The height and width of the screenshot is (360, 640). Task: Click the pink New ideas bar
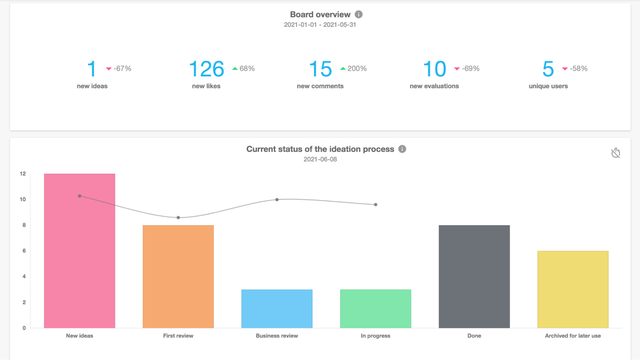(79, 250)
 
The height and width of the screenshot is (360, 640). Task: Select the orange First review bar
(178, 276)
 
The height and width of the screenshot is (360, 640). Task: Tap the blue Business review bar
(277, 308)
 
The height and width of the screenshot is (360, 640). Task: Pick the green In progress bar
(375, 308)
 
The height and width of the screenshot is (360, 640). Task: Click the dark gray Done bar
(474, 276)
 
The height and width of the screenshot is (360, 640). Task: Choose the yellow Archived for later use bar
(573, 289)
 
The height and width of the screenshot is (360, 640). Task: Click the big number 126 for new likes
(207, 68)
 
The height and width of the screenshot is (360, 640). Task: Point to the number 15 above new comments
(320, 68)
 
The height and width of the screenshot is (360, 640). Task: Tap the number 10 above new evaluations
(435, 68)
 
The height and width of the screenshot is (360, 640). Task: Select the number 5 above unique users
(548, 68)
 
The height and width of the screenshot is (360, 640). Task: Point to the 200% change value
(357, 69)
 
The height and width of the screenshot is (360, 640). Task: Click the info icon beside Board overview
(359, 15)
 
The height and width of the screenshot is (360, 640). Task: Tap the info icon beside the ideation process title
(402, 149)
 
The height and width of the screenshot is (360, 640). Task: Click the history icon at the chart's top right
(616, 153)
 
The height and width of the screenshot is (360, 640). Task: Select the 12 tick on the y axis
(22, 174)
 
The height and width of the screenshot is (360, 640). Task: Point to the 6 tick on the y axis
(24, 251)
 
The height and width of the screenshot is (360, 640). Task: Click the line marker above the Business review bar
(277, 200)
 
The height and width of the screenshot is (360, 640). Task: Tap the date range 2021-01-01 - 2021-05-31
(319, 27)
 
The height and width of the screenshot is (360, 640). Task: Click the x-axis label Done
(474, 337)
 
